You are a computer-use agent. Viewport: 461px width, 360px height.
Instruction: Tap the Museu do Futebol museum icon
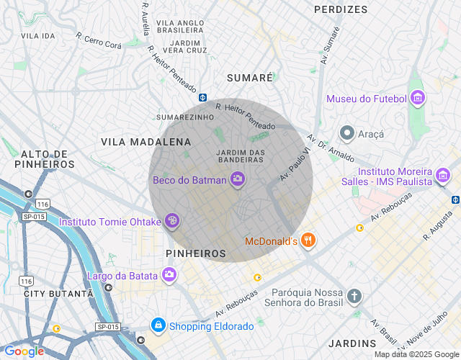coord(417,99)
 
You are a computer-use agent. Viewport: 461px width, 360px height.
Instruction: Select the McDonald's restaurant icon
coord(308,240)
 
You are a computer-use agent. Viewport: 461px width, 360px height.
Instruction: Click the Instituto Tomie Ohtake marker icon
coord(171,222)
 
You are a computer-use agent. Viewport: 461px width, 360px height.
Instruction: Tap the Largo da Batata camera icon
coord(169,274)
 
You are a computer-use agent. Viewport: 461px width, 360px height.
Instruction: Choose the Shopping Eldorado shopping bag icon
coord(158,326)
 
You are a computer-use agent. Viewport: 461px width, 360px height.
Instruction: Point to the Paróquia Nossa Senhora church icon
coord(354,296)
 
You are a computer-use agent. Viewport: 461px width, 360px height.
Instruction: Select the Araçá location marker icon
coord(347,133)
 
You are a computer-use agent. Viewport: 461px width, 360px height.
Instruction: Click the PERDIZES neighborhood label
coord(341,9)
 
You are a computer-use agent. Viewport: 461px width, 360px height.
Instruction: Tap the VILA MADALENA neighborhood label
coord(146,142)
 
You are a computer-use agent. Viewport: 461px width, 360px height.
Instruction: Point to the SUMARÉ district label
coord(250,77)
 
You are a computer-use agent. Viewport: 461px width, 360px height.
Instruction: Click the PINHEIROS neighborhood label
coord(196,253)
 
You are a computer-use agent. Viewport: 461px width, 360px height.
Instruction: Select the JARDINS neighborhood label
coord(352,343)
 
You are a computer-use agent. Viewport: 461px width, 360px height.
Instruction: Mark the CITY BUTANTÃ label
coord(58,294)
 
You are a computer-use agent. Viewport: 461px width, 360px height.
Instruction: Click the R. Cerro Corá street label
coord(99,39)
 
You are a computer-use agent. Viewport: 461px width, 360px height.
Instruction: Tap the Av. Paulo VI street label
coord(295,164)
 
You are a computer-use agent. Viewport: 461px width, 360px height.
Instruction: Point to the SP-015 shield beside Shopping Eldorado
coord(107,326)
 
